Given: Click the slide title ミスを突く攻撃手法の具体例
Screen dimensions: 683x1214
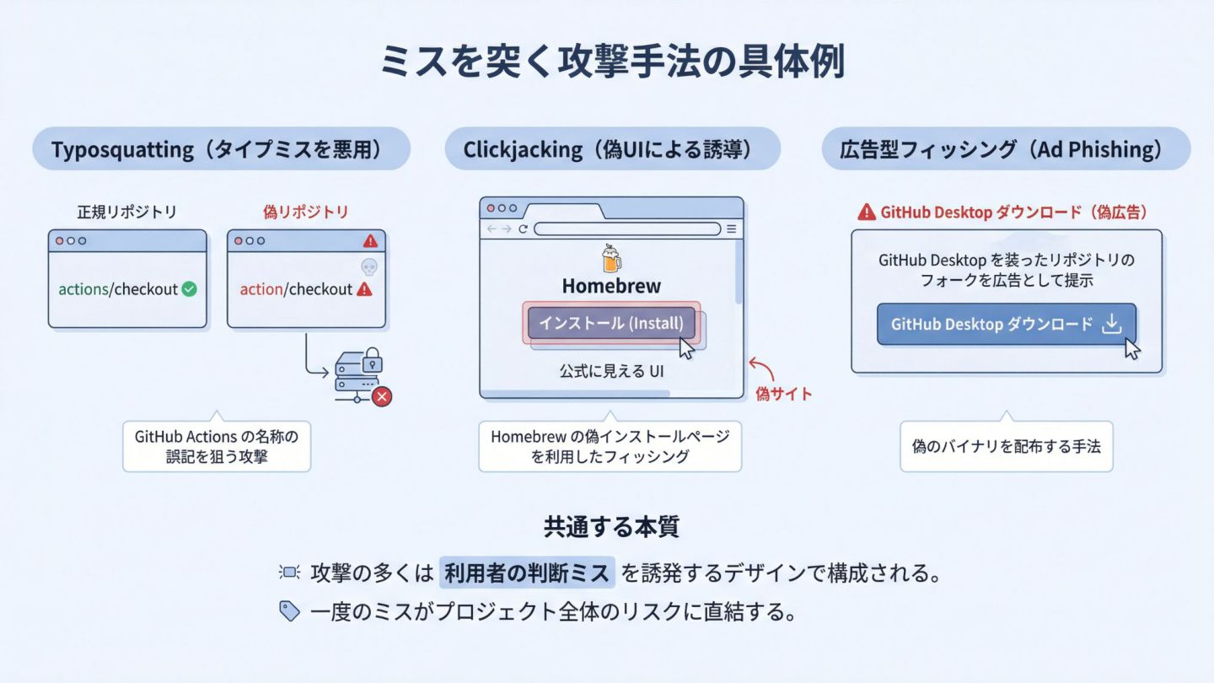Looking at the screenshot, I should pos(612,63).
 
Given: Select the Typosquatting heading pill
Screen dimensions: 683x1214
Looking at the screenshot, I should pos(221,150).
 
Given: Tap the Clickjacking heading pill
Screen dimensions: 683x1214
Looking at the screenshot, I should pos(612,150).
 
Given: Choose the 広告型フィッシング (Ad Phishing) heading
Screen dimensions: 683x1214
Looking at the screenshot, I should pos(1006,150).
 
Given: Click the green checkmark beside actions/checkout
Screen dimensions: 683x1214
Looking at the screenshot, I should pos(190,289).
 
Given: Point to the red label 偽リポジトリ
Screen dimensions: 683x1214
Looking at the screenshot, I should pos(305,212).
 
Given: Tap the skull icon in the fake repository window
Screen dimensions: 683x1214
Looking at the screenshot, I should pos(368,266).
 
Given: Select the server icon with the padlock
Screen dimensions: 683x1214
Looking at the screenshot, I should pos(357,371).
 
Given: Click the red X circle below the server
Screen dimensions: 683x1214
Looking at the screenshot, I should pos(382,396).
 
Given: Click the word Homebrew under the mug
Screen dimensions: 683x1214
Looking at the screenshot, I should pos(611,286).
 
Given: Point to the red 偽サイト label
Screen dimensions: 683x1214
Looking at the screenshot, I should pos(784,394).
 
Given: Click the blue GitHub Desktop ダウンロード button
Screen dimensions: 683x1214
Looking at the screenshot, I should pos(1006,325).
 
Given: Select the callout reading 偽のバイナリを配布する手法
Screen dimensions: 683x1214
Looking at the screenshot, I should pos(1006,446).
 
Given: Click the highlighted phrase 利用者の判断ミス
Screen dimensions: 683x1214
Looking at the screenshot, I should pos(527,574).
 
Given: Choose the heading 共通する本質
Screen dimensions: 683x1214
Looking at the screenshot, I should pos(611,528).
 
